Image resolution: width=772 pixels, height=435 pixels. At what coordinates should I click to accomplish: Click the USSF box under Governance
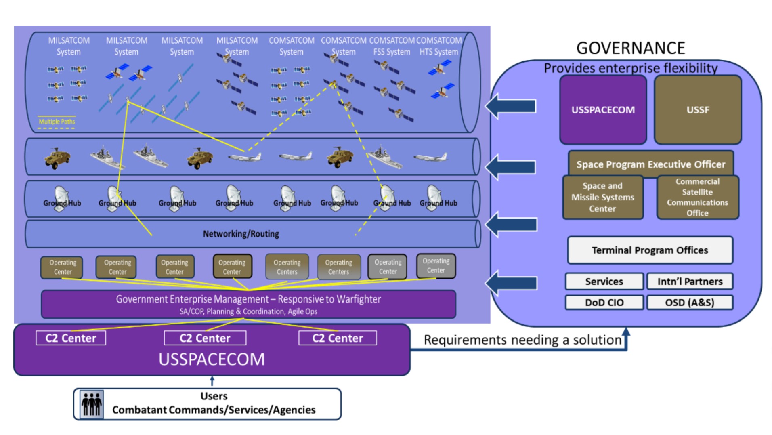(x=697, y=110)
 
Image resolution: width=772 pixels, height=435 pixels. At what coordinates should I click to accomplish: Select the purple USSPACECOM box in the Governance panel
(x=603, y=110)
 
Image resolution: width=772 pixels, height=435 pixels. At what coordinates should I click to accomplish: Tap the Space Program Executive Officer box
(x=650, y=164)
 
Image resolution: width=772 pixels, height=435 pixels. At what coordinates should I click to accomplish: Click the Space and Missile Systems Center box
(x=602, y=197)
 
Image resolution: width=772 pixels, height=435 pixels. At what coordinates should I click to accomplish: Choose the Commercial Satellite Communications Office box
(x=697, y=197)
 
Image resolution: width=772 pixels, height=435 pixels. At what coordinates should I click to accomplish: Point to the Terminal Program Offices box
(x=650, y=250)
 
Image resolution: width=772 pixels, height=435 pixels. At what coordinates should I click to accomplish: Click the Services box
(x=604, y=282)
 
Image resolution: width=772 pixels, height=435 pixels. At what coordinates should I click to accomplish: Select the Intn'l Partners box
(x=690, y=282)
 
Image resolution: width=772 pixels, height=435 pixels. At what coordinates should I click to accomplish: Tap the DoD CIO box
(x=604, y=303)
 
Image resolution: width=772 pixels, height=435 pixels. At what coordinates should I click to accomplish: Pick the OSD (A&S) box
(x=690, y=303)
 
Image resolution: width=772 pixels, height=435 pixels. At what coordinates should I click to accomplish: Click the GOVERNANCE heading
(x=630, y=48)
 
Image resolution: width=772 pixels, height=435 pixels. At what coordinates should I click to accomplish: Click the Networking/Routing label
(x=241, y=234)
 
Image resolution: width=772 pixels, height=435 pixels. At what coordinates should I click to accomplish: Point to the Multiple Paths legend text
(x=57, y=122)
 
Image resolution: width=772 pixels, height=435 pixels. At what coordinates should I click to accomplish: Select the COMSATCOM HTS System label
(x=439, y=46)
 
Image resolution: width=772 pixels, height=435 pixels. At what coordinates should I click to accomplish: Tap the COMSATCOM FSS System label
(x=392, y=46)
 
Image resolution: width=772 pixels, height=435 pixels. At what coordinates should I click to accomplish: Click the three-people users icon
(x=92, y=403)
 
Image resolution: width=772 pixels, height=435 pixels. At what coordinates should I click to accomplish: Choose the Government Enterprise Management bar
(x=248, y=304)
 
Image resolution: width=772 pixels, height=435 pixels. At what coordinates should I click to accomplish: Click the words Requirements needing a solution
(x=522, y=340)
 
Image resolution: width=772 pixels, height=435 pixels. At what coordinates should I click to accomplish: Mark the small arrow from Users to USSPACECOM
(x=212, y=381)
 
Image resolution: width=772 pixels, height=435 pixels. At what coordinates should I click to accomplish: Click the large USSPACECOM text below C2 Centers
(x=212, y=359)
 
